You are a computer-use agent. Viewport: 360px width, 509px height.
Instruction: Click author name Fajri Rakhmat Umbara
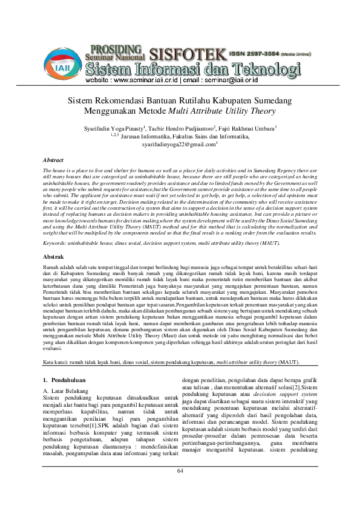(x=249, y=129)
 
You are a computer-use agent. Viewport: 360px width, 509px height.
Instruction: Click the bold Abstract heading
(x=54, y=160)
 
